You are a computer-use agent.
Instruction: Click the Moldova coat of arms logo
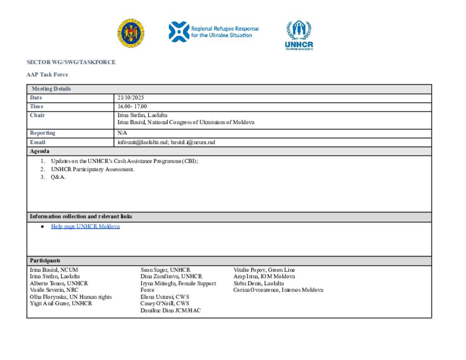[131, 34]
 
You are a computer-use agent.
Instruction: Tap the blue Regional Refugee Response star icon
[178, 32]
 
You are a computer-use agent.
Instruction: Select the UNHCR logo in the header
[299, 35]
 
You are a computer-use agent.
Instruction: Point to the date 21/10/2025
[131, 98]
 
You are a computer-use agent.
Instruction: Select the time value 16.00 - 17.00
[132, 106]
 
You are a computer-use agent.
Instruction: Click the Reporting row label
[42, 133]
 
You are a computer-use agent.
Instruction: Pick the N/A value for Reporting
[122, 133]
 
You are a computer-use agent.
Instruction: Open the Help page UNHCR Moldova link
[86, 226]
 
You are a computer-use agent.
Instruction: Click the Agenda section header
[40, 151]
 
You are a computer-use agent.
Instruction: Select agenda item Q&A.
[58, 177]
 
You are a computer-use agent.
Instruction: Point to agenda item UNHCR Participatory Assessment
[93, 169]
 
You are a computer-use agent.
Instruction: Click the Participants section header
[45, 261]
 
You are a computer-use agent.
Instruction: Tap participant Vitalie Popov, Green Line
[264, 270]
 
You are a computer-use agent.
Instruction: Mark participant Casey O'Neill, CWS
[165, 304]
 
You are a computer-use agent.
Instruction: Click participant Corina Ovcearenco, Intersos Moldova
[278, 290]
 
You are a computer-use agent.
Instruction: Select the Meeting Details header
[51, 89]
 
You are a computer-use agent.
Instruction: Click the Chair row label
[37, 115]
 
